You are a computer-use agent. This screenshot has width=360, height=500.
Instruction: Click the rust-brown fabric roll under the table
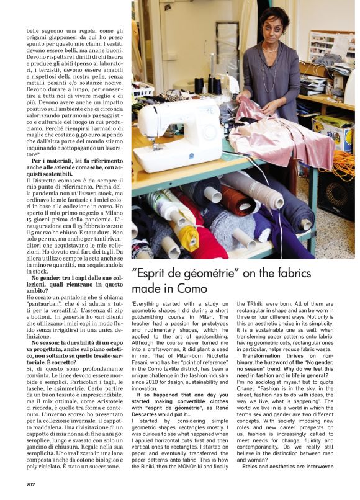click(236, 201)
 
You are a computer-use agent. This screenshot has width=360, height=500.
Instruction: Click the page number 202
click(30, 484)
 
